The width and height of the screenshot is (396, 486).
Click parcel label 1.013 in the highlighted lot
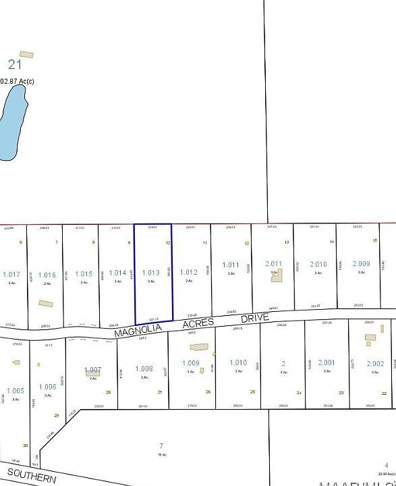(150, 273)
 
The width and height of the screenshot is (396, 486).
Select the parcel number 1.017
(11, 274)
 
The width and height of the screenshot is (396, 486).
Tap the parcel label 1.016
(47, 275)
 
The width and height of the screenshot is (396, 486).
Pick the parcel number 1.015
(83, 273)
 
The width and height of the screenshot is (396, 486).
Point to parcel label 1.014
(117, 273)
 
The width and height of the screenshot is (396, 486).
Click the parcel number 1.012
(189, 272)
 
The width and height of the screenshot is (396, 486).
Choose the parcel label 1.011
(231, 265)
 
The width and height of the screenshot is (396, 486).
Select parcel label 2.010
(318, 264)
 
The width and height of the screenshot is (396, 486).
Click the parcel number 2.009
(361, 263)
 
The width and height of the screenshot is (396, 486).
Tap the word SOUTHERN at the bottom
(32, 476)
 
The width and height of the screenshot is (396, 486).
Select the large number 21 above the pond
(15, 64)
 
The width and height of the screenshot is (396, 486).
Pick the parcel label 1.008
(144, 369)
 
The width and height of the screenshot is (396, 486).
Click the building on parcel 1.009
(199, 347)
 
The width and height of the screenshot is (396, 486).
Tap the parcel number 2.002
(375, 363)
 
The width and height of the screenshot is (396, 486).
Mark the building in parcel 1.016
(45, 304)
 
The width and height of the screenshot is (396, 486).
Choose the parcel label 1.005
(15, 390)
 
